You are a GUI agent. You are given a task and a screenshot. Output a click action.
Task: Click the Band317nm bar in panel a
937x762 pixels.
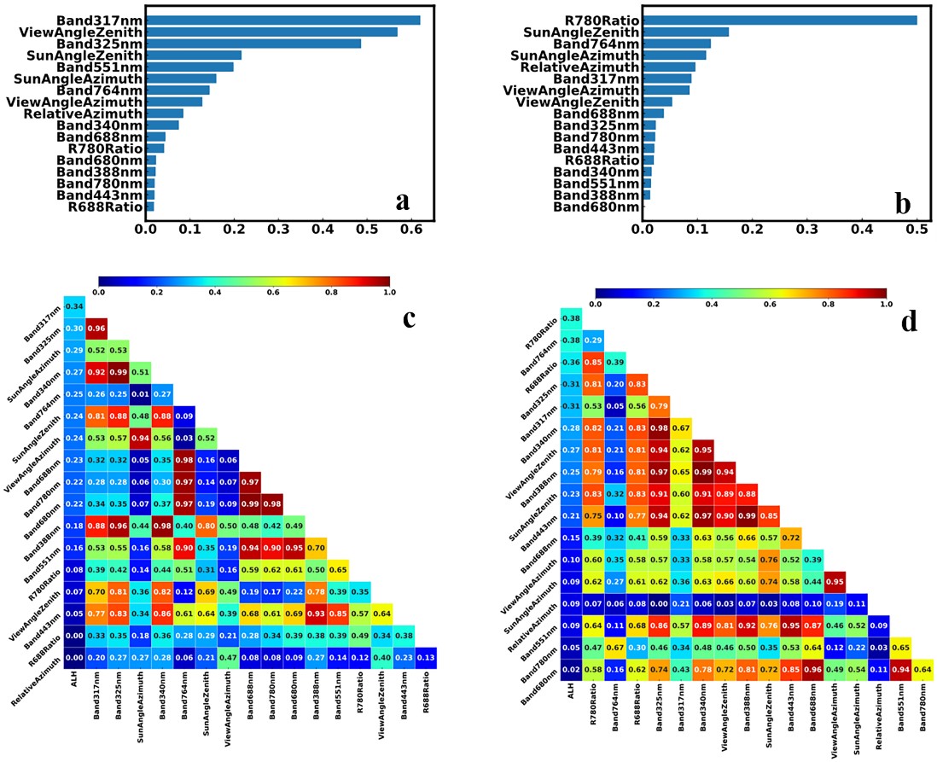[x=282, y=20]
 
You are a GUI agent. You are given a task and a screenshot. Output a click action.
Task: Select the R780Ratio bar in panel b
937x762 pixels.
[x=780, y=20]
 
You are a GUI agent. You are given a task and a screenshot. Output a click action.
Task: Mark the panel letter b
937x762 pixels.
[x=901, y=201]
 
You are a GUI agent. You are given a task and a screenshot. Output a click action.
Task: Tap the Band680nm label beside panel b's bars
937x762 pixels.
[x=596, y=206]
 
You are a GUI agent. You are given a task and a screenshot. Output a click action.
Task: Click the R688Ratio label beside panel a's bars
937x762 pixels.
[x=105, y=206]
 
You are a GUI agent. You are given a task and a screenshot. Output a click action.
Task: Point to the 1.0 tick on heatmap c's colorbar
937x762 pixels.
[x=389, y=292]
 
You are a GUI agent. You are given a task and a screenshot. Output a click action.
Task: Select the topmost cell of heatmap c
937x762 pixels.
[x=74, y=306]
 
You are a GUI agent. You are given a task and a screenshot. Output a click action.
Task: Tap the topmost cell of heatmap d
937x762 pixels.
[x=573, y=318]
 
